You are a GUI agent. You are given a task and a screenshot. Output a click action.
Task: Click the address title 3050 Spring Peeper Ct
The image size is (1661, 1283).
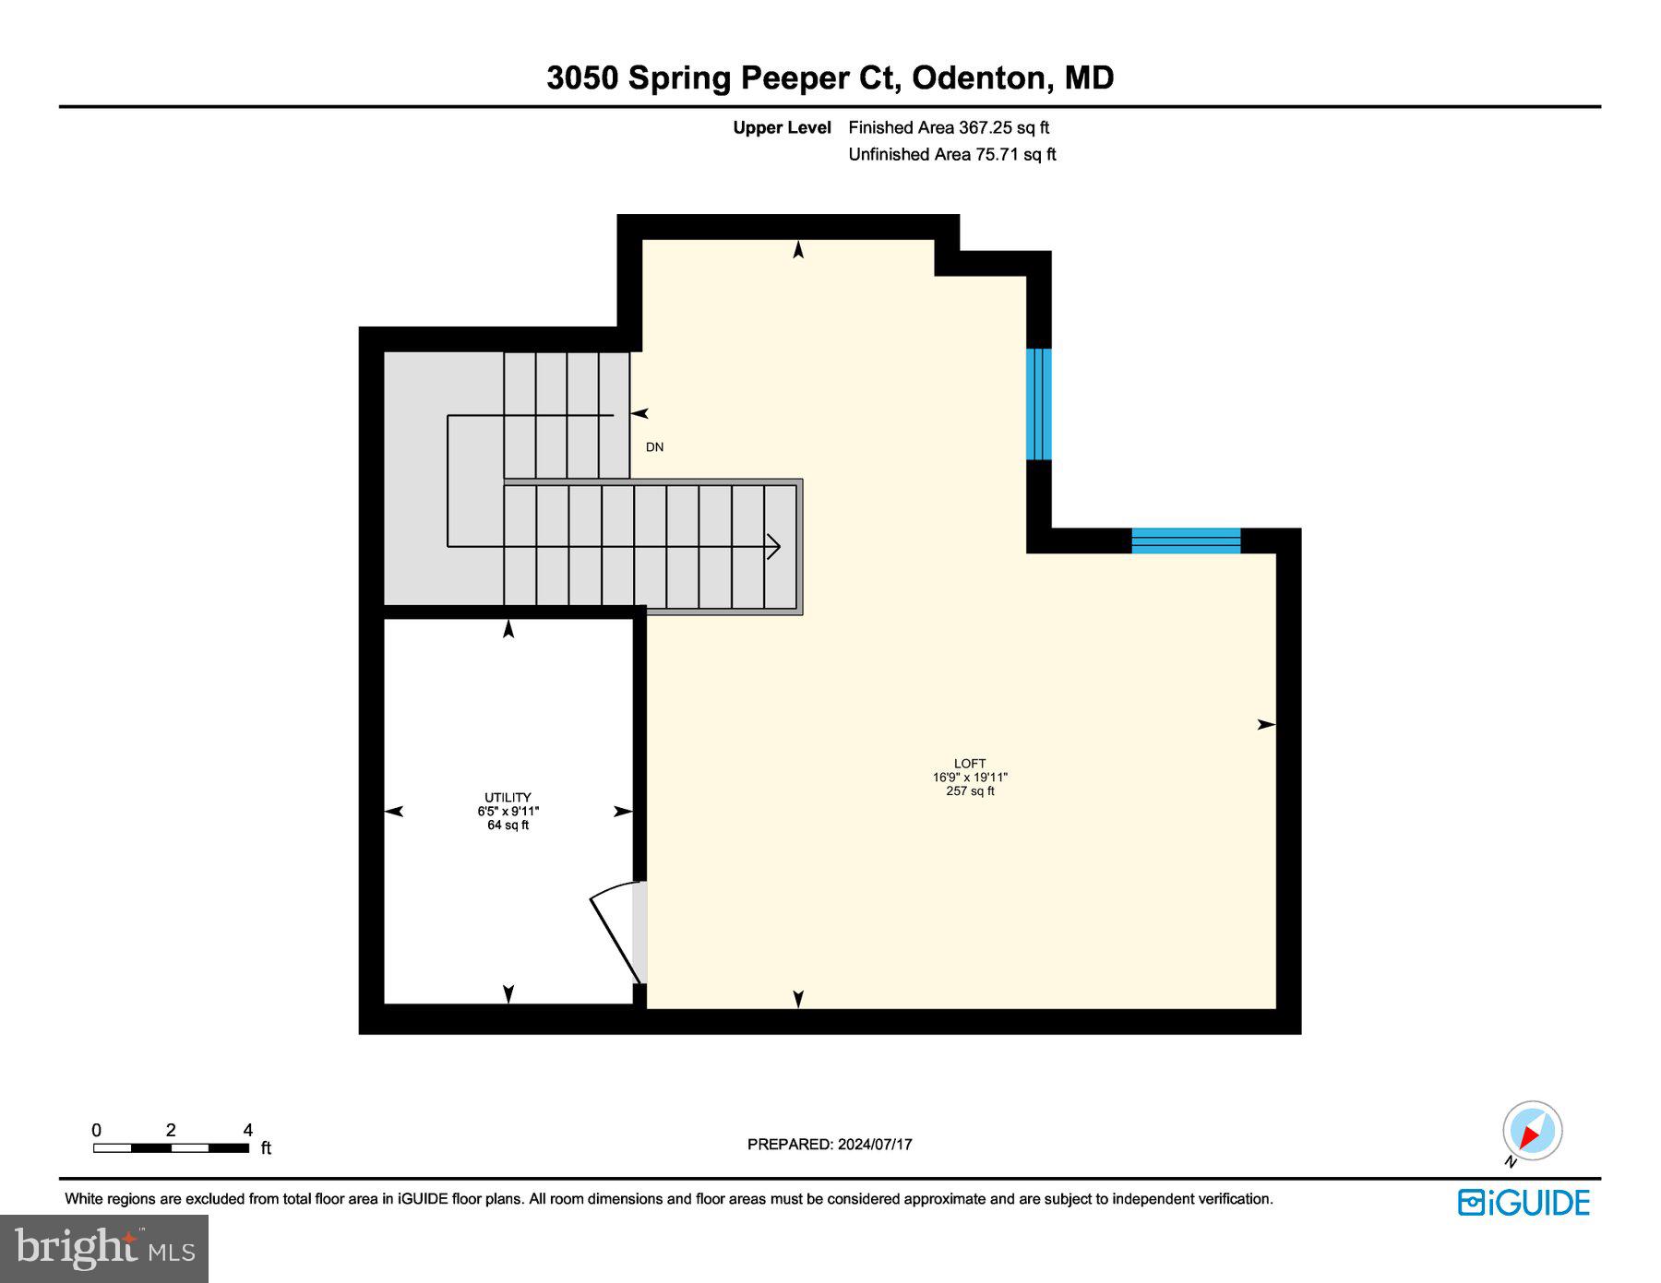point(723,77)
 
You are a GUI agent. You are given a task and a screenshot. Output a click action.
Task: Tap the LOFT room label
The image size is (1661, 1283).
point(970,764)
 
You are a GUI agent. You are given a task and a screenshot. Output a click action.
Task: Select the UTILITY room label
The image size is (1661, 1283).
point(508,798)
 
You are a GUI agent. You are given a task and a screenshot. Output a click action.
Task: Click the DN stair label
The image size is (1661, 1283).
point(654,447)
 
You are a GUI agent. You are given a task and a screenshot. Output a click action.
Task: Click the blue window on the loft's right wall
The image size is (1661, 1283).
point(1039,403)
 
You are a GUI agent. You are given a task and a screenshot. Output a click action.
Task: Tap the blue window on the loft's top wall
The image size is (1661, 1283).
point(1186,541)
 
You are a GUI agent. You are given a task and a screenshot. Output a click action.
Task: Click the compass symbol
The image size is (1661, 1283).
point(1532,1131)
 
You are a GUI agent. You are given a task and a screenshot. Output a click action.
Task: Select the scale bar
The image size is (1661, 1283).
point(171,1148)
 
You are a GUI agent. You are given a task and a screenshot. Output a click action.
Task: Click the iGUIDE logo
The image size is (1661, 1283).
point(1524,1203)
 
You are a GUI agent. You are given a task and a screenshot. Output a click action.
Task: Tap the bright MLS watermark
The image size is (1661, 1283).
point(104,1248)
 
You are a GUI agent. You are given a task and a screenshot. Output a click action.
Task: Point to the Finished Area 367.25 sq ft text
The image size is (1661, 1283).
point(949,128)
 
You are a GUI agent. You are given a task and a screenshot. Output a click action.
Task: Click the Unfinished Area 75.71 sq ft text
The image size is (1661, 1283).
point(952,155)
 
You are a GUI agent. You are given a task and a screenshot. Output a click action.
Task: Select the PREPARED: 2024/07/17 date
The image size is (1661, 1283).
point(830,1145)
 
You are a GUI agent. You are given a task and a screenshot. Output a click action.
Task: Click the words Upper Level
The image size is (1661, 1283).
point(782,128)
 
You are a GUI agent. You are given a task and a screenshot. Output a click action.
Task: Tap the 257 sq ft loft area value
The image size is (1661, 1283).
point(970,791)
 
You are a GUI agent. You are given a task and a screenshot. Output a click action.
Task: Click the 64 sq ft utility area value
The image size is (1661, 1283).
point(508,826)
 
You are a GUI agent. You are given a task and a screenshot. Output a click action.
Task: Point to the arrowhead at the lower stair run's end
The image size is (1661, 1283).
point(773,547)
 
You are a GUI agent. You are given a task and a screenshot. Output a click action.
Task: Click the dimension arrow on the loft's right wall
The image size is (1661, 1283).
point(1267,725)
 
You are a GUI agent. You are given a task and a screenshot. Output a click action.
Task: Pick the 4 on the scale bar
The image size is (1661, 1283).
point(247,1130)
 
